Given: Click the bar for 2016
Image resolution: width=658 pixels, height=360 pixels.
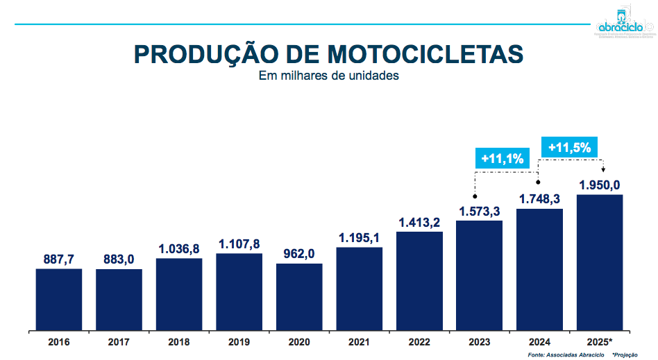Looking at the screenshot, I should [x=59, y=299].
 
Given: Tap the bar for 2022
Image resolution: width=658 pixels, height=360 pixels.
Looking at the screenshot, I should [x=419, y=280].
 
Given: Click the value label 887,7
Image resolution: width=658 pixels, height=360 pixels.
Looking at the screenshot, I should [x=59, y=259].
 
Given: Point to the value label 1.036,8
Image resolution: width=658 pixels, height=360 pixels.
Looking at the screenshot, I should [x=179, y=248].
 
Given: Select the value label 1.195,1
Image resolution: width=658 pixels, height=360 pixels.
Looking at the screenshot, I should [x=360, y=238].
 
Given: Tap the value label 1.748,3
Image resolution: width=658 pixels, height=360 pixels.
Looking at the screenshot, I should [x=539, y=199].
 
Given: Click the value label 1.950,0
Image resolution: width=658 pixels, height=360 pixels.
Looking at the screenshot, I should [x=600, y=185].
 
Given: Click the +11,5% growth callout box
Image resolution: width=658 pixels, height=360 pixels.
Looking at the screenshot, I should [x=569, y=147].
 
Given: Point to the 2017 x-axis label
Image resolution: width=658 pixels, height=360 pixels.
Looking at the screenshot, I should [x=119, y=342].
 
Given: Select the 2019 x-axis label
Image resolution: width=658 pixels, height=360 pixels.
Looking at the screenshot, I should [x=239, y=342].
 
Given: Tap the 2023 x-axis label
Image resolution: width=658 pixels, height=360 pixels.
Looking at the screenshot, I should [x=479, y=342].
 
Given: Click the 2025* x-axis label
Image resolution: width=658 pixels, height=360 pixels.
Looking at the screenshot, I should [x=600, y=342].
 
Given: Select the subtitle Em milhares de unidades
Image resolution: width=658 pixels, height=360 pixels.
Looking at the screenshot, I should [x=329, y=76].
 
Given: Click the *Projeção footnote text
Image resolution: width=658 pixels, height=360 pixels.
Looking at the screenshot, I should [x=626, y=354].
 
